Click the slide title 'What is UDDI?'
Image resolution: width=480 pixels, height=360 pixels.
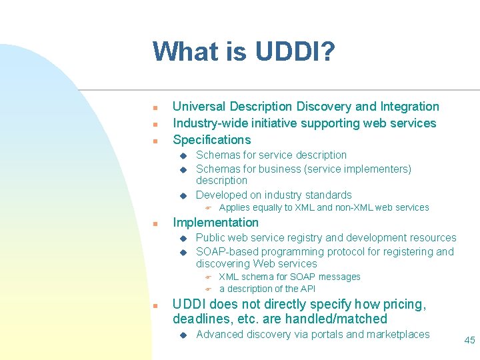(x=243, y=51)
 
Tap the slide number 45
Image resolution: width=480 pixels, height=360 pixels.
(x=469, y=340)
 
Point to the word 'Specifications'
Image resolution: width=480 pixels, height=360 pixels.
(x=211, y=140)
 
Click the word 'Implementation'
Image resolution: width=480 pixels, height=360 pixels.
(x=215, y=223)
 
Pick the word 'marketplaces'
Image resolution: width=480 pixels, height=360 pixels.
(x=396, y=335)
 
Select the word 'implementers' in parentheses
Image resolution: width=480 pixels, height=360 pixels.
(x=375, y=169)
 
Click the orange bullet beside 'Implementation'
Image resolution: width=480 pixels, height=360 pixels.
(x=154, y=223)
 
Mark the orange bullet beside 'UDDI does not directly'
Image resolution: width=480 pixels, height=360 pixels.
(x=154, y=305)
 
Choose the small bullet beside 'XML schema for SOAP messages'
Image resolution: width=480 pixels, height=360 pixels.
(x=207, y=277)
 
